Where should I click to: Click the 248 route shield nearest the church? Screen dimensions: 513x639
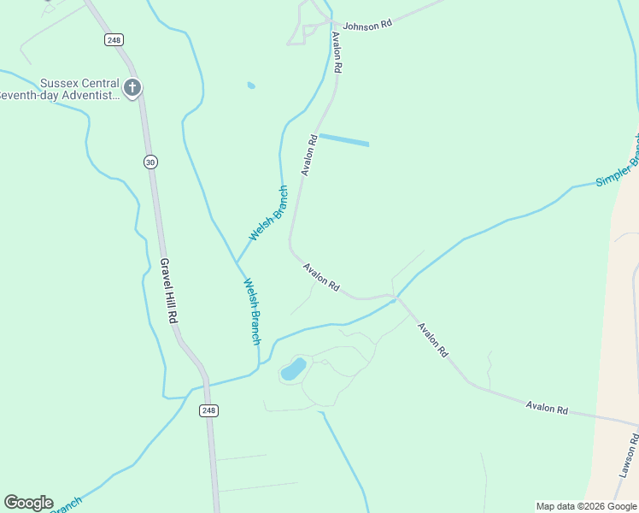click(114, 39)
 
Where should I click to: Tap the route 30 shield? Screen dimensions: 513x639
click(150, 162)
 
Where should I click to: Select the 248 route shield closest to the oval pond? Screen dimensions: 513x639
click(209, 410)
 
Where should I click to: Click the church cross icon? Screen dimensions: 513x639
click(132, 87)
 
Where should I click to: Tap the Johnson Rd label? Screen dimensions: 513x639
click(367, 26)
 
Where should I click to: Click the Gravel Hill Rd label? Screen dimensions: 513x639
click(168, 291)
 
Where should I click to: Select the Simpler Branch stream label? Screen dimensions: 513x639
click(618, 164)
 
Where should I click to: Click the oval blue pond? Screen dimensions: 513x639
click(293, 370)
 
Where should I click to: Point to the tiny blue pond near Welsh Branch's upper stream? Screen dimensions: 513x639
click(250, 85)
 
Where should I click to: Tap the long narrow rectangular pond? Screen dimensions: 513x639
click(343, 139)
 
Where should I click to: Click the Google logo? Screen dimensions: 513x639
click(28, 503)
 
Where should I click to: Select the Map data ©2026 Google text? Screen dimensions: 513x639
click(586, 506)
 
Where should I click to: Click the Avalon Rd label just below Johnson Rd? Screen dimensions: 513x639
click(337, 53)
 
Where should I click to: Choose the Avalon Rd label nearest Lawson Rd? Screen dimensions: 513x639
click(547, 408)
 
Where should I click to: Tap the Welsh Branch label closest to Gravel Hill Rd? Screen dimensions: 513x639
click(252, 311)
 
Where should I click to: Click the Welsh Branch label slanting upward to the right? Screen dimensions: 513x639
click(268, 214)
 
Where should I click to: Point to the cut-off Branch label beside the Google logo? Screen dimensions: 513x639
click(68, 504)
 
